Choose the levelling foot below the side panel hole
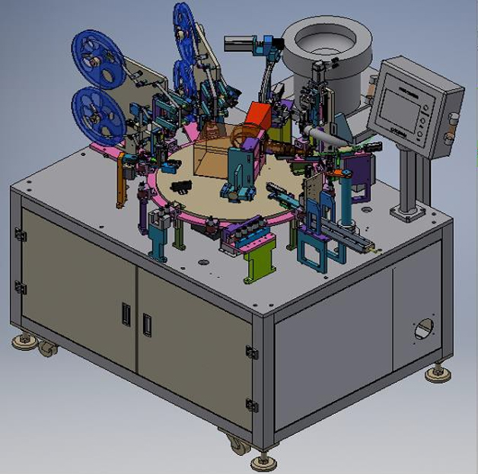click(x=437, y=373)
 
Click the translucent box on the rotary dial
click(x=211, y=159)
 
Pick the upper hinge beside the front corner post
click(x=251, y=351)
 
